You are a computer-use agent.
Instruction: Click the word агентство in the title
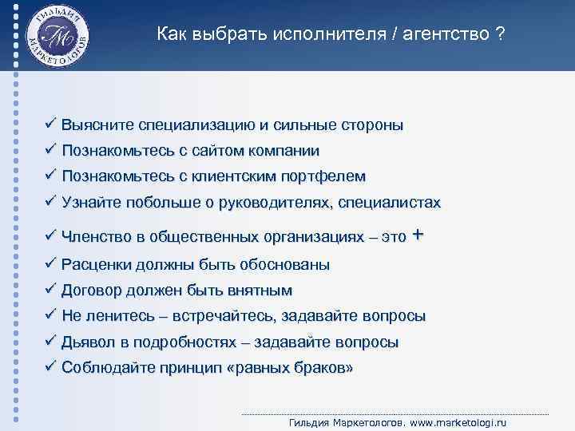tap(450, 34)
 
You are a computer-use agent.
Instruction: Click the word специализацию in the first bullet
tap(196, 125)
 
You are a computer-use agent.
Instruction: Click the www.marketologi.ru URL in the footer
tap(461, 422)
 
